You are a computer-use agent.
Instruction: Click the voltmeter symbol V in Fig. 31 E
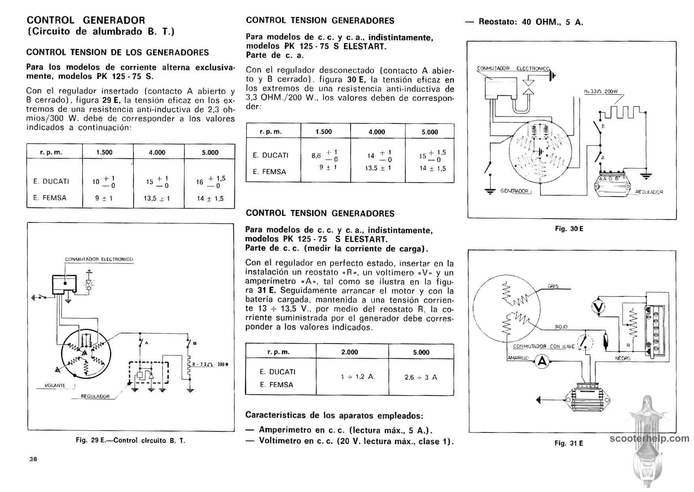598,306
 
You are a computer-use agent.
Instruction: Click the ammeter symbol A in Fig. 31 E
542,361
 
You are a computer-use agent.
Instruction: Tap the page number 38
33,459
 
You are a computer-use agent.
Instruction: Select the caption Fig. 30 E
569,229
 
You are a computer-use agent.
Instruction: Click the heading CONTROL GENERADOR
86,20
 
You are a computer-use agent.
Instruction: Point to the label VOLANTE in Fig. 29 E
55,385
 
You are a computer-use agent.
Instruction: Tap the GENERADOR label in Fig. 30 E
514,191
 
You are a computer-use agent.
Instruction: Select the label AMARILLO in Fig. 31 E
518,358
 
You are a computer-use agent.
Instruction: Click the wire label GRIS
553,286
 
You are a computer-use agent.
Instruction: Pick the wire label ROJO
562,327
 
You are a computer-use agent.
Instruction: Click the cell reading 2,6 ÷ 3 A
421,377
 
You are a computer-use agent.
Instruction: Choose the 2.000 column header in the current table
349,352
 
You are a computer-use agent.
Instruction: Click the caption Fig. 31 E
569,443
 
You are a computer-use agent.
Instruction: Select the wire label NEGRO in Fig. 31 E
623,358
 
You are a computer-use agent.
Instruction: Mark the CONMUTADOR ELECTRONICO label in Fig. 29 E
99,259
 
